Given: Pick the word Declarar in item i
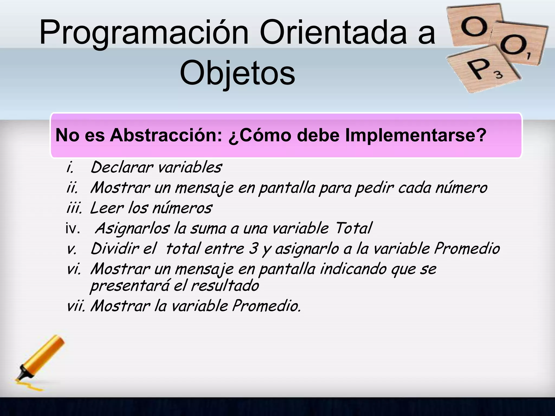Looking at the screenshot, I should coord(122,167).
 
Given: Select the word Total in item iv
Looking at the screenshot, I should coord(353,228).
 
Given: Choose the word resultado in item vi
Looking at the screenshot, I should coord(225,286).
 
